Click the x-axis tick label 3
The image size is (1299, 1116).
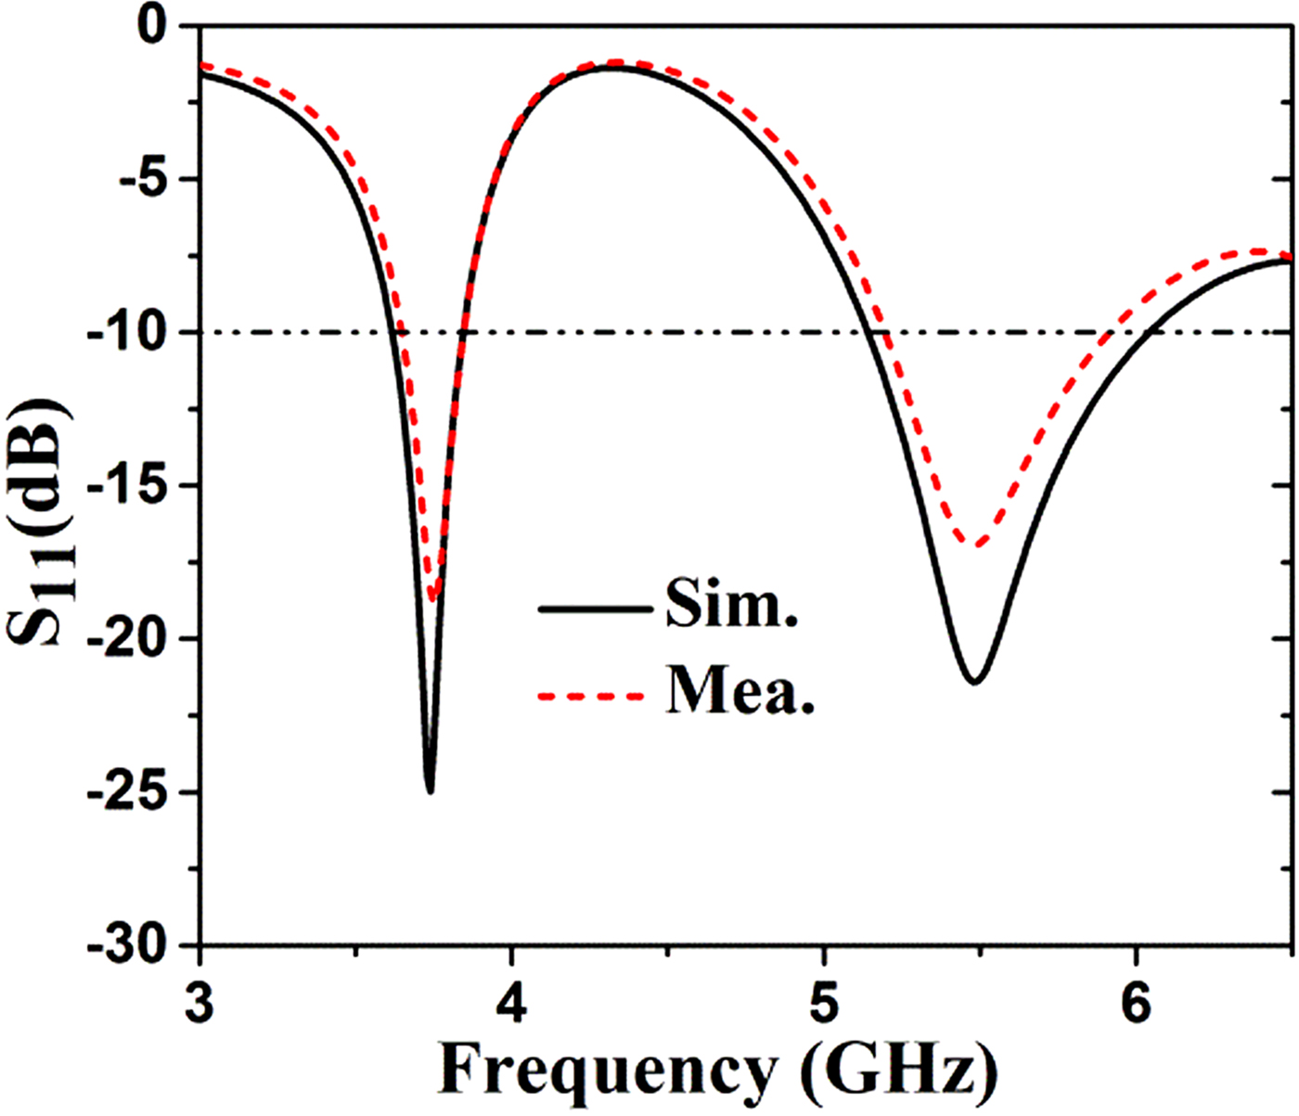199,1003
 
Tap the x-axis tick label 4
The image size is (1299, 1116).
511,1003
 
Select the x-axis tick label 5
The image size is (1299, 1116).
824,1003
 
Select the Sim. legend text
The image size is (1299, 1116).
732,607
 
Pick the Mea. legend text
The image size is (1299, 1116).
740,693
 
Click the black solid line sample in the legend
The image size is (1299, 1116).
594,609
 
